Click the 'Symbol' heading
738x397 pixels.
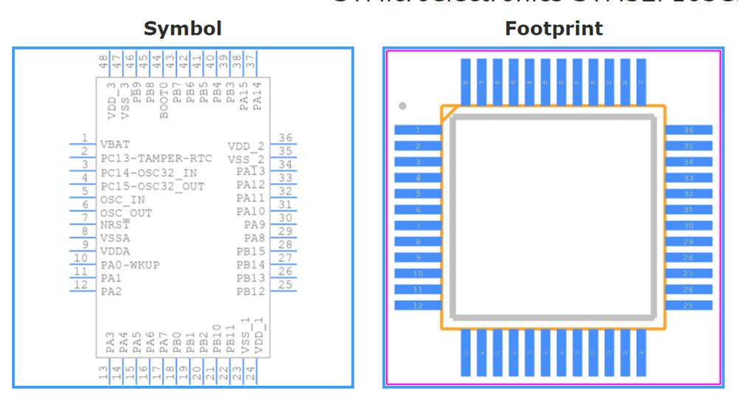pyautogui.click(x=182, y=29)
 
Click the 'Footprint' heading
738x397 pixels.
pyautogui.click(x=553, y=29)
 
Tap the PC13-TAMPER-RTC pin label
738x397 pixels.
pyautogui.click(x=156, y=159)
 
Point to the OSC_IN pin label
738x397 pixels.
pyautogui.click(x=123, y=199)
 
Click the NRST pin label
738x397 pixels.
pyautogui.click(x=115, y=225)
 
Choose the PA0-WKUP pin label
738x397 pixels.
pyautogui.click(x=130, y=265)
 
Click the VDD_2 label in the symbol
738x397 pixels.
pyautogui.click(x=246, y=146)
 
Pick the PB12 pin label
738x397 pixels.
pyautogui.click(x=250, y=291)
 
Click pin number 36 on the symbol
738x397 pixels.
pyautogui.click(x=285, y=138)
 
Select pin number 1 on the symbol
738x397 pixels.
pyautogui.click(x=85, y=138)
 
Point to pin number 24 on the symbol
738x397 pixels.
pyautogui.click(x=251, y=374)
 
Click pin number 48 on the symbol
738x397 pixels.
pyautogui.click(x=104, y=61)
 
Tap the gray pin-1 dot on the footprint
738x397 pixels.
pyautogui.click(x=402, y=106)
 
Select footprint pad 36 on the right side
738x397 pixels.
pyautogui.click(x=689, y=130)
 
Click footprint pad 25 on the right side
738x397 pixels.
pyautogui.click(x=689, y=305)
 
